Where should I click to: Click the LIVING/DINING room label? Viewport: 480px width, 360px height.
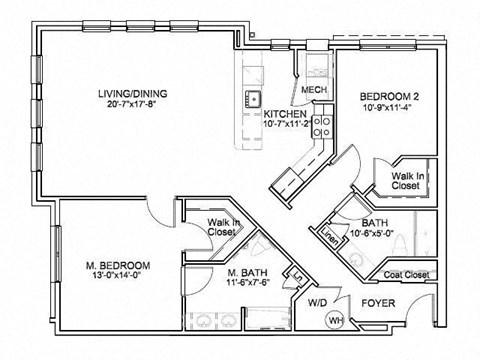pyautogui.click(x=132, y=95)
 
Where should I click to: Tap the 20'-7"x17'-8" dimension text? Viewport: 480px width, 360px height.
pyautogui.click(x=132, y=107)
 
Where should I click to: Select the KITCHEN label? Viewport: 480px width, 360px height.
pyautogui.click(x=285, y=115)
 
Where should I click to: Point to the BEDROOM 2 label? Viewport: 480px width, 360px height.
pyautogui.click(x=389, y=97)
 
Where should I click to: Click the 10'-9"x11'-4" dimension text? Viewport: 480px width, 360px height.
pyautogui.click(x=389, y=109)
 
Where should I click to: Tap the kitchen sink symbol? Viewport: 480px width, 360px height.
pyautogui.click(x=255, y=98)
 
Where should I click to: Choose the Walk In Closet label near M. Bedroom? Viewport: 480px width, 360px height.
pyautogui.click(x=221, y=227)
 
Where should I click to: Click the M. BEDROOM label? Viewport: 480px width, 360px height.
pyautogui.click(x=118, y=266)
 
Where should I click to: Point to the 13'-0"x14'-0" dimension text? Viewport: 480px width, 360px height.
pyautogui.click(x=118, y=278)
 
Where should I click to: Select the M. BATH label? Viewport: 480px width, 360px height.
pyautogui.click(x=245, y=273)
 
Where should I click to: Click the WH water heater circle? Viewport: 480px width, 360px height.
pyautogui.click(x=336, y=319)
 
